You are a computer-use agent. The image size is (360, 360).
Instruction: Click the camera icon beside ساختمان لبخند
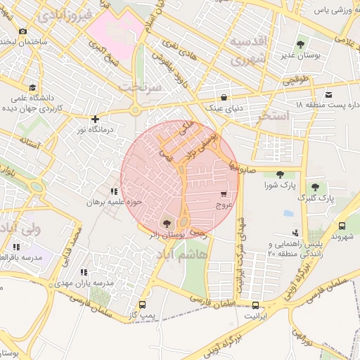23,31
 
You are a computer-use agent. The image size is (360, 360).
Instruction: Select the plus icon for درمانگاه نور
95,119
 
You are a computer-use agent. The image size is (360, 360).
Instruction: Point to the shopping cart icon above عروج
224,194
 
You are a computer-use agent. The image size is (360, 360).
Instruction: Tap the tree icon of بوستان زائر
167,223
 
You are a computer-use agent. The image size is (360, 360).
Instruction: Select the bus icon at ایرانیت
255,305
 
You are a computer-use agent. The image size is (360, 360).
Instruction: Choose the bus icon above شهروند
342,226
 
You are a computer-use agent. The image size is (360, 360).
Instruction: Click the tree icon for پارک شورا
280,174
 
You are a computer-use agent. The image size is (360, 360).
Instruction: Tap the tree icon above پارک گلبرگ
314,187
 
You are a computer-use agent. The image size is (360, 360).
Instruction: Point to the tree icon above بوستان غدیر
302,44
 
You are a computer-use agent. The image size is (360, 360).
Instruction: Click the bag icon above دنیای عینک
224,98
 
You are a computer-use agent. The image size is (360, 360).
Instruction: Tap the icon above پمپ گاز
143,305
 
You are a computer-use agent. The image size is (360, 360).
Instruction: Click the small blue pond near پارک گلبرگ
288,213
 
